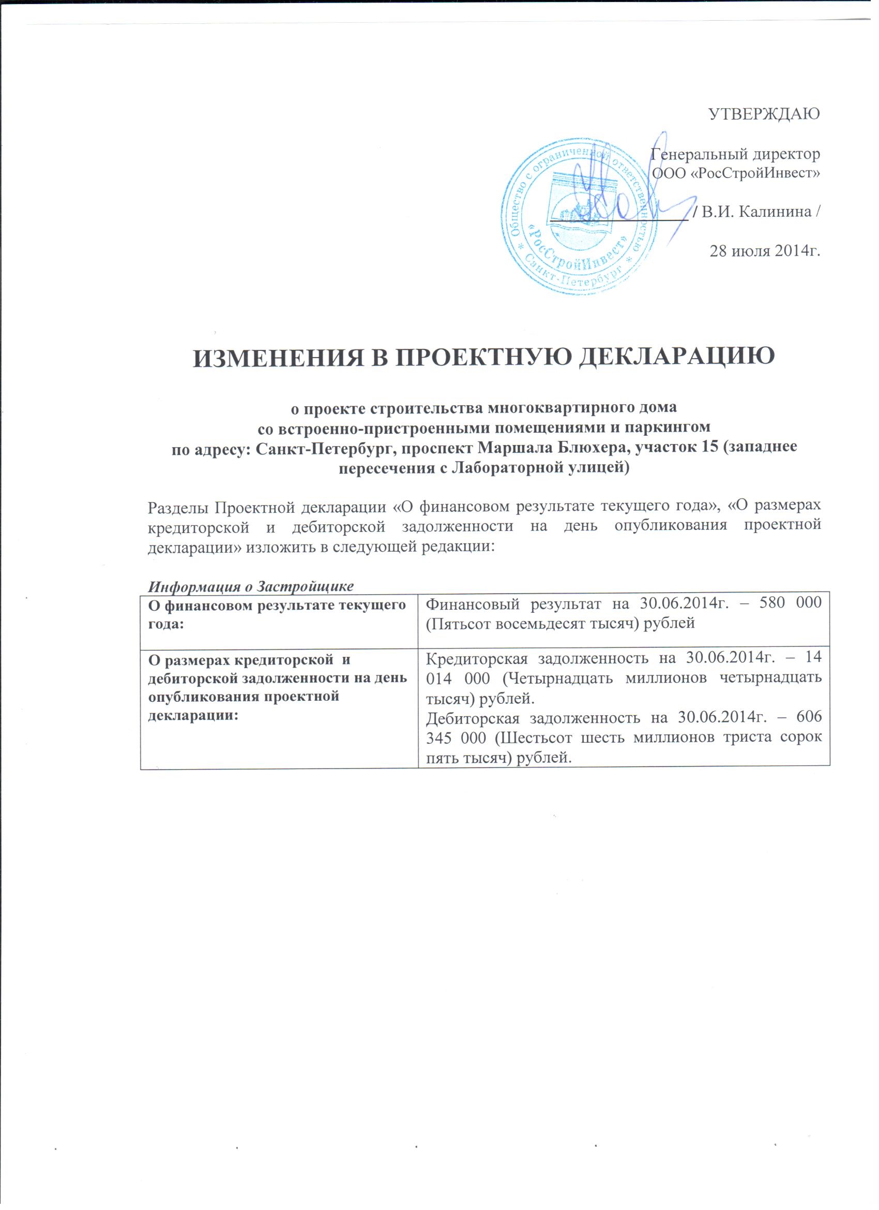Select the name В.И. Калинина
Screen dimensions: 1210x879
coord(759,212)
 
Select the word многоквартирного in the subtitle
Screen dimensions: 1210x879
coord(524,409)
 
